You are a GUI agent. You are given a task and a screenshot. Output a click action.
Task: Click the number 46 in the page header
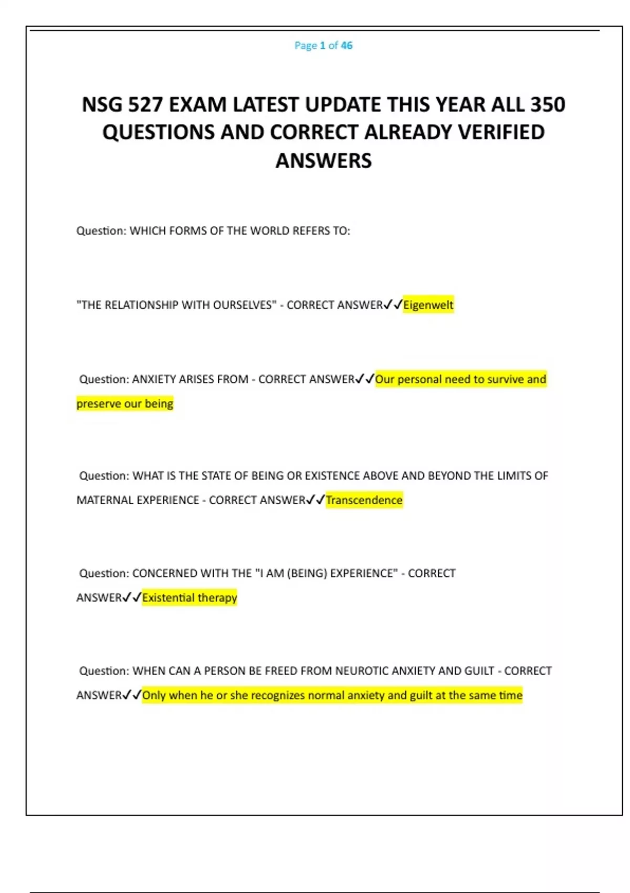pyautogui.click(x=346, y=46)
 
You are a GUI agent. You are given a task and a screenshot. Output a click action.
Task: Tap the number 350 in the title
pyautogui.click(x=548, y=105)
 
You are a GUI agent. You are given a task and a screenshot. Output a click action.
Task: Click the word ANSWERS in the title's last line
pyautogui.click(x=323, y=161)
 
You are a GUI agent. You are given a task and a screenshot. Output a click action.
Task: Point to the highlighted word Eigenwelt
pyautogui.click(x=428, y=305)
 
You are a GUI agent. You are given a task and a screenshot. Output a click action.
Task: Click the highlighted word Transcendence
pyautogui.click(x=364, y=500)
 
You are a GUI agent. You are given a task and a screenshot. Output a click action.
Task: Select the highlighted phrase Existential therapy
pyautogui.click(x=190, y=598)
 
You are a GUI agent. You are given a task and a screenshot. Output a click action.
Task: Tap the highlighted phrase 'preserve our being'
pyautogui.click(x=125, y=404)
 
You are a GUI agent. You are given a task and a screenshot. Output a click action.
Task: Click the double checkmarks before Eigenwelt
pyautogui.click(x=393, y=305)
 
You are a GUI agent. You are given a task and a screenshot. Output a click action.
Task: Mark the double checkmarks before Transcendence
pyautogui.click(x=316, y=500)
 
